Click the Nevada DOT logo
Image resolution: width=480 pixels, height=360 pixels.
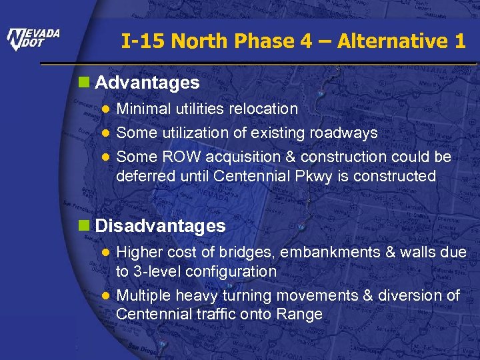click(x=33, y=39)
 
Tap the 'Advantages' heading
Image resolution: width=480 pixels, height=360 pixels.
click(x=147, y=83)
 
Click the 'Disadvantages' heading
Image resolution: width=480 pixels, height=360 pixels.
click(x=160, y=226)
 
